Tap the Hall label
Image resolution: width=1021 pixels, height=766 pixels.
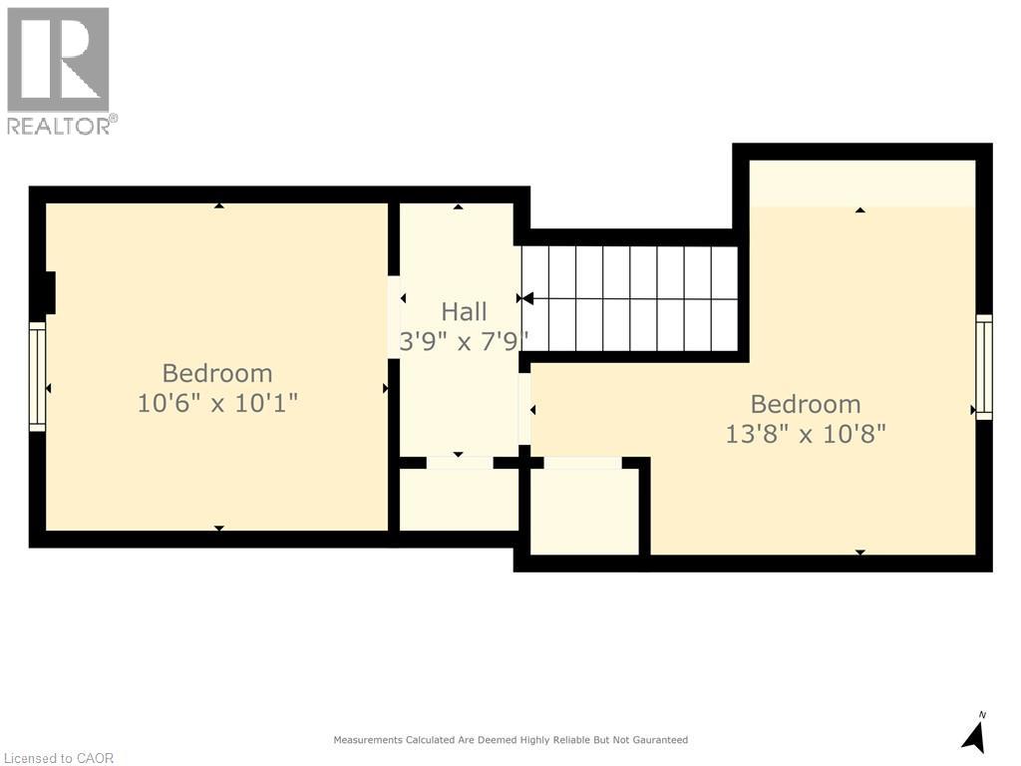[x=464, y=312]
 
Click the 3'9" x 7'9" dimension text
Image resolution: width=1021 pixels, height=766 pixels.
[x=464, y=341]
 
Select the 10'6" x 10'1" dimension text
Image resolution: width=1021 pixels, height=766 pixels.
[x=217, y=403]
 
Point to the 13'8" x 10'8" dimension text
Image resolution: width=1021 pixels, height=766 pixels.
[x=806, y=433]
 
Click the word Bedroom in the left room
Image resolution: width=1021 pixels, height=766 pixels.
[x=217, y=373]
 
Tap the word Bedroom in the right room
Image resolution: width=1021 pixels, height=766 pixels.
[x=806, y=404]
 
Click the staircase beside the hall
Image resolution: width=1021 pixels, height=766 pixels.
[x=630, y=298]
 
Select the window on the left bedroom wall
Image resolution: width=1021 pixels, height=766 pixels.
[x=38, y=376]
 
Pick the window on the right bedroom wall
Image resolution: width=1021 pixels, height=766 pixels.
[x=983, y=367]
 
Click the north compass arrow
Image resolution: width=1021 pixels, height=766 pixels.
[x=974, y=737]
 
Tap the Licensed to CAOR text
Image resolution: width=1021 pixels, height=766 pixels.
[x=59, y=758]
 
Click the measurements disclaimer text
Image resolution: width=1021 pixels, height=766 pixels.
[x=510, y=740]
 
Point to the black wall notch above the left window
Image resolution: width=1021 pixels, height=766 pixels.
[x=50, y=292]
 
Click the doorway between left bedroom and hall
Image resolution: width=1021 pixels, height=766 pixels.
[x=393, y=317]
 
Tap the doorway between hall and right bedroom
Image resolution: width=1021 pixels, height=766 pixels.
[x=524, y=409]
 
